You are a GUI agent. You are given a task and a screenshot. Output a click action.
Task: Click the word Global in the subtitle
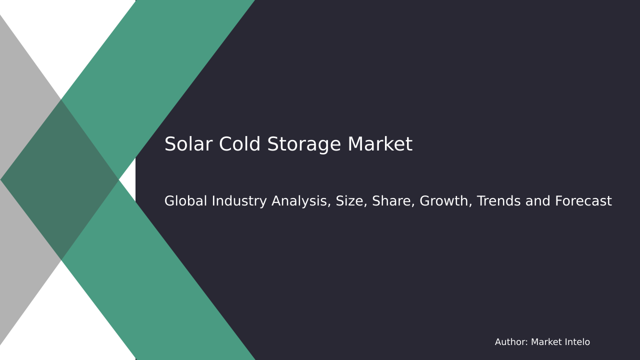coord(185,201)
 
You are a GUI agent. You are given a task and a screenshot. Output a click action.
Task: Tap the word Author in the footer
coord(510,342)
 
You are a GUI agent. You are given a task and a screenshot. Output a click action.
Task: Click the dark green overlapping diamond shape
coord(60,180)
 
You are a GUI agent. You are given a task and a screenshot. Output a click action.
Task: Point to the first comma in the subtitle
coord(329,205)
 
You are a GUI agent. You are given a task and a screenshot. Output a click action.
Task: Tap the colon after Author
coord(526,343)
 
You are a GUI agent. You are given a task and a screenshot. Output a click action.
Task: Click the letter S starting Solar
coord(170,145)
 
